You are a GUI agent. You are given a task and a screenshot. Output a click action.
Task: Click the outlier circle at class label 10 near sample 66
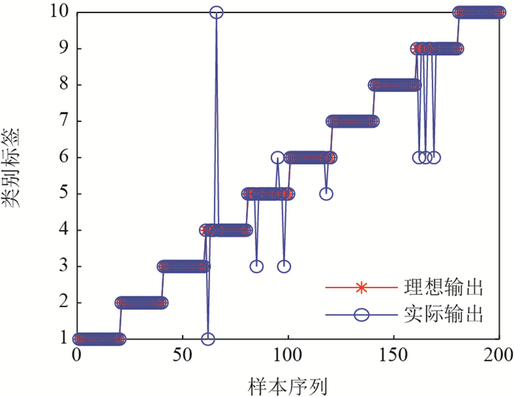pyautogui.click(x=217, y=12)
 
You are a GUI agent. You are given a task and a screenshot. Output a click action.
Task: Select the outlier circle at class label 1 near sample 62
pyautogui.click(x=208, y=339)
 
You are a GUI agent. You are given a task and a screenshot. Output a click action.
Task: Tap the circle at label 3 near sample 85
pyautogui.click(x=256, y=266)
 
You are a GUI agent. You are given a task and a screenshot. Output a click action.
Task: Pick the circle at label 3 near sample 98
pyautogui.click(x=284, y=266)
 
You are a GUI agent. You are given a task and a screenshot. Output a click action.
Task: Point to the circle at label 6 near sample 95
pyautogui.click(x=278, y=157)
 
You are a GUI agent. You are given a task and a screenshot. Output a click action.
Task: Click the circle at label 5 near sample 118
pyautogui.click(x=326, y=193)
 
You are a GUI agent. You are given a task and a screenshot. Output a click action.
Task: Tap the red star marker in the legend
pyautogui.click(x=360, y=286)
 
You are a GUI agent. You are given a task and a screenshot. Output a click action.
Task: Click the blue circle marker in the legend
pyautogui.click(x=360, y=315)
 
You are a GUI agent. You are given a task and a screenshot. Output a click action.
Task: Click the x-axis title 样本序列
pyautogui.click(x=288, y=383)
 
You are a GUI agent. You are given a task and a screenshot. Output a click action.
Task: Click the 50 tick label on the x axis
pyautogui.click(x=182, y=354)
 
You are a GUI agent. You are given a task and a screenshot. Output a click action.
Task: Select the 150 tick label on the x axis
pyautogui.click(x=394, y=354)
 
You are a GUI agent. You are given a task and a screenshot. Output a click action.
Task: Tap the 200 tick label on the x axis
pyautogui.click(x=499, y=354)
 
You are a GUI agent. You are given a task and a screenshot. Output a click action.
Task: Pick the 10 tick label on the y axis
pyautogui.click(x=60, y=12)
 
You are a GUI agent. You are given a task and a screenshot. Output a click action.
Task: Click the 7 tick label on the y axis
pyautogui.click(x=65, y=121)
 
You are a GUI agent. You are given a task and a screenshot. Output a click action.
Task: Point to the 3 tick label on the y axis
pyautogui.click(x=65, y=266)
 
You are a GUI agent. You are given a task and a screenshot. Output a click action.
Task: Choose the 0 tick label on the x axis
pyautogui.click(x=76, y=354)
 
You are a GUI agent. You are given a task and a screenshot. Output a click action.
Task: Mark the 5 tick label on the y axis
pyautogui.click(x=65, y=194)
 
